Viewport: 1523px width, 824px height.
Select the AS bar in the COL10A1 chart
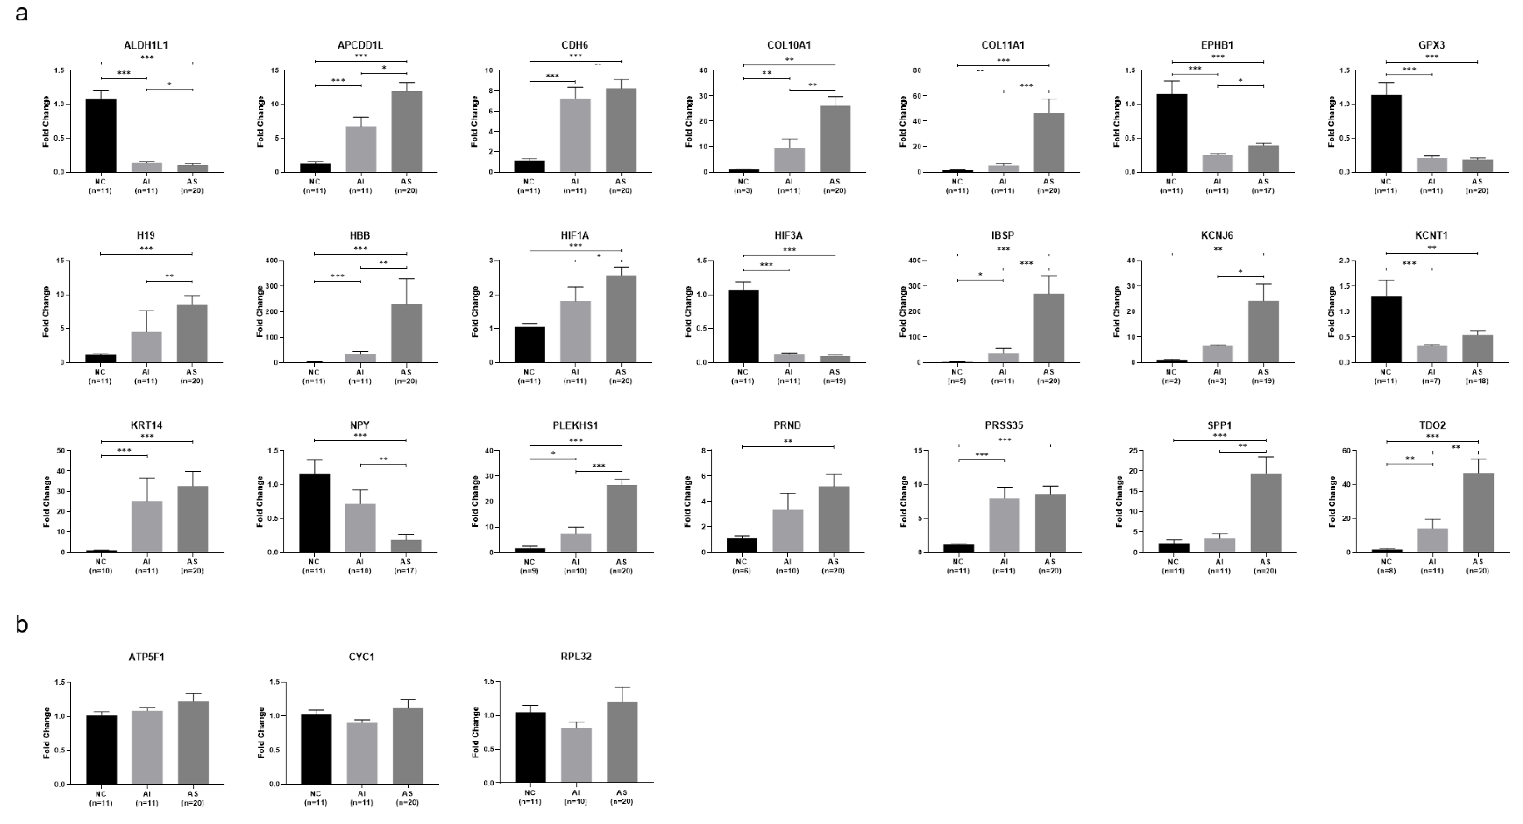coord(834,139)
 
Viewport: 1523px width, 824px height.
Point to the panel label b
coord(22,625)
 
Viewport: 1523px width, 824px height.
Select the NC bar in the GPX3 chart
coord(1386,134)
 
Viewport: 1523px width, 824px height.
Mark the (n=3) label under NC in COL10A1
coord(743,191)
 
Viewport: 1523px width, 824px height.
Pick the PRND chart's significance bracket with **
coord(788,446)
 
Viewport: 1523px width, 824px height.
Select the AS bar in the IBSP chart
coord(1049,328)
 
